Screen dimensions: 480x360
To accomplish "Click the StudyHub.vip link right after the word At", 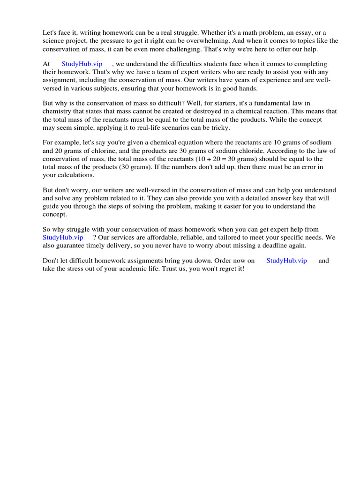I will tap(82, 64).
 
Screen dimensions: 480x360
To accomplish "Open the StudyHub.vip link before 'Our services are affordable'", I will tap(63, 237).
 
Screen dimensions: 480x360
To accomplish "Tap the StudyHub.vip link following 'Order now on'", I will tap(286, 261).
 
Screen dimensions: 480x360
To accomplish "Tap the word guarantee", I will tap(68, 245).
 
